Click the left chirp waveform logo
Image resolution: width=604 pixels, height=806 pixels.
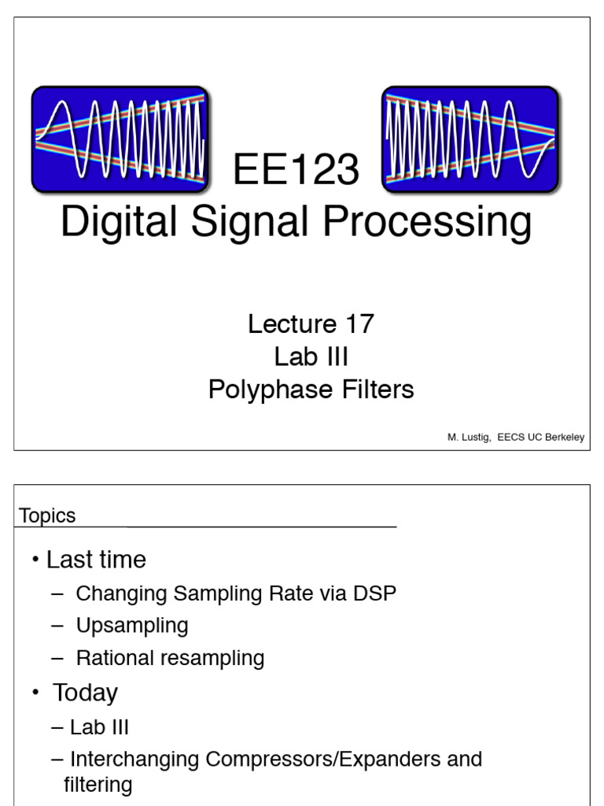pyautogui.click(x=120, y=139)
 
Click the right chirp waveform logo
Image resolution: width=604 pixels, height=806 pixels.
pyautogui.click(x=470, y=139)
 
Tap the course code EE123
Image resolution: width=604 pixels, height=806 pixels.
pyautogui.click(x=296, y=171)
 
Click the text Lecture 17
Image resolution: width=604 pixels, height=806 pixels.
pyautogui.click(x=311, y=324)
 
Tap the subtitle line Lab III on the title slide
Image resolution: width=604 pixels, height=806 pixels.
pyautogui.click(x=311, y=357)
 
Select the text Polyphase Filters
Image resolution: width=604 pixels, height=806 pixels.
pyautogui.click(x=311, y=390)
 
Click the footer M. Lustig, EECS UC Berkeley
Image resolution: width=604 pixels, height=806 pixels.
pyautogui.click(x=515, y=438)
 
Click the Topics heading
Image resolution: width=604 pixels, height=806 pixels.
pyautogui.click(x=47, y=516)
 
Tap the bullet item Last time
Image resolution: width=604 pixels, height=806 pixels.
pyautogui.click(x=96, y=560)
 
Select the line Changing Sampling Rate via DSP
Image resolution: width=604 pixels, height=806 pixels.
pyautogui.click(x=236, y=593)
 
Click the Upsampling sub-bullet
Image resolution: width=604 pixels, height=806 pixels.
pyautogui.click(x=132, y=626)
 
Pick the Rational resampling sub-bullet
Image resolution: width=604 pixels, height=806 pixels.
pyautogui.click(x=170, y=658)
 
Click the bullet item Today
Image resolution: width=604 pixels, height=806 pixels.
pyautogui.click(x=85, y=693)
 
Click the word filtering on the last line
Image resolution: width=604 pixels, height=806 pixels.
pyautogui.click(x=98, y=785)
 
